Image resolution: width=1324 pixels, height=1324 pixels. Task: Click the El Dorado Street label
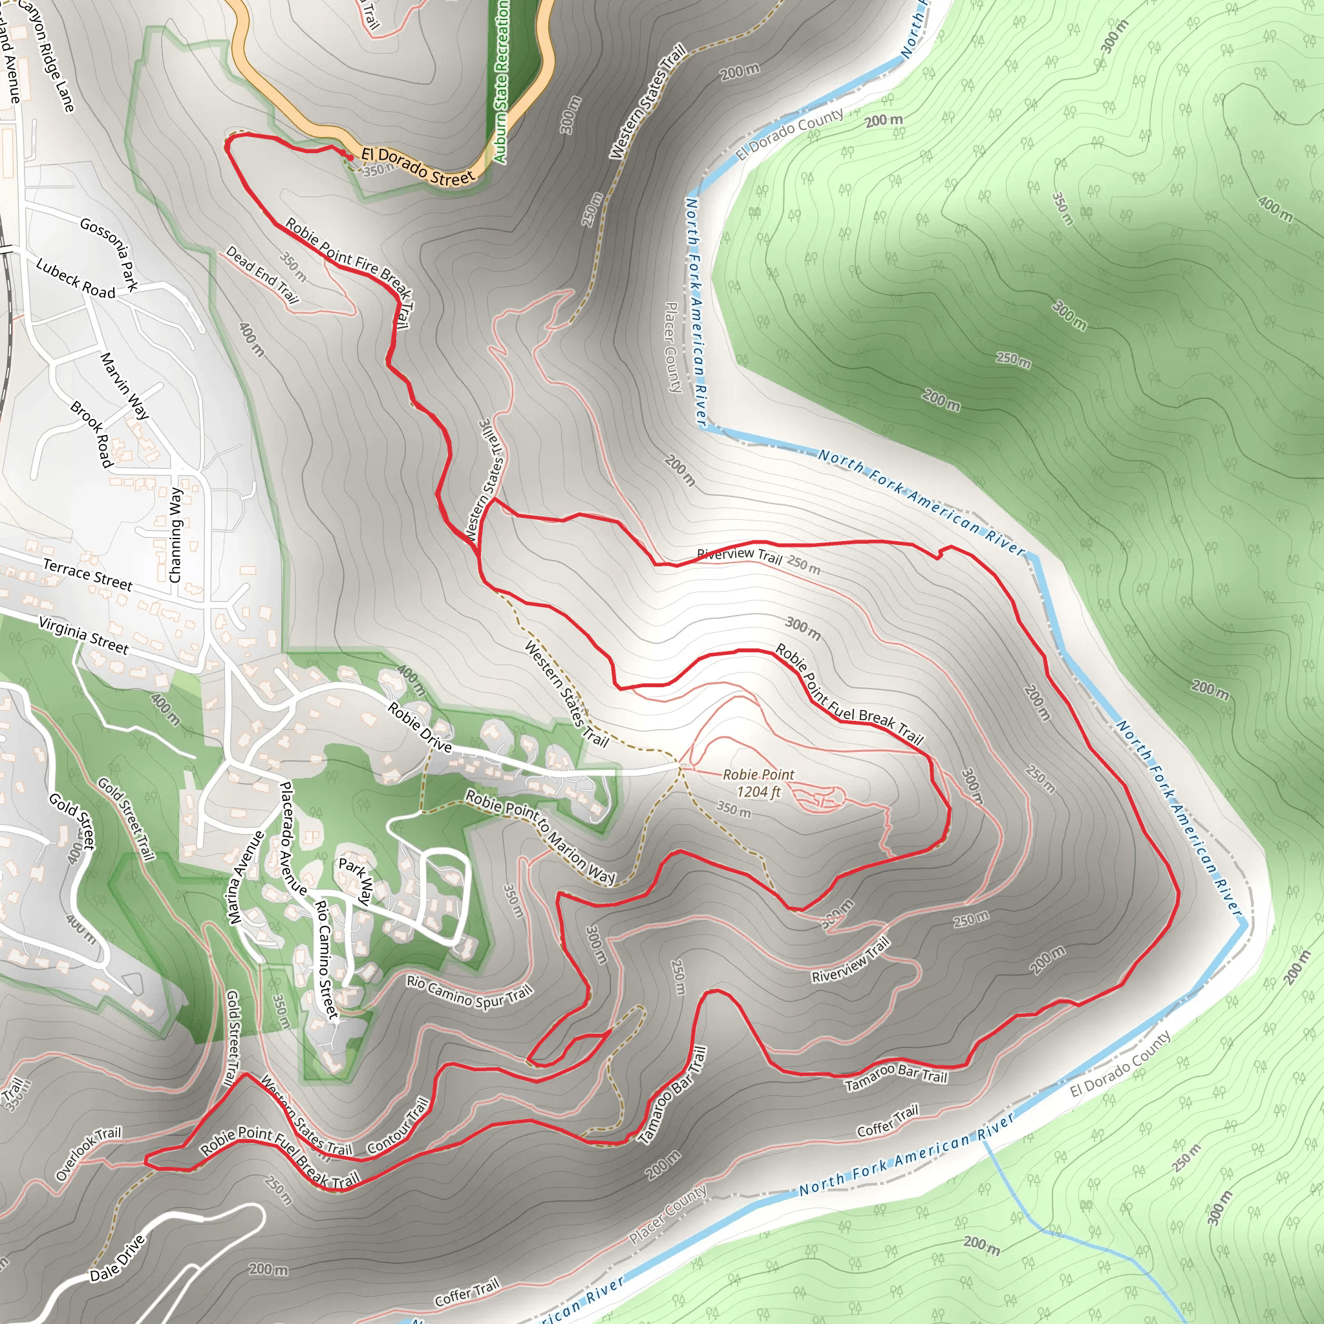[x=418, y=167]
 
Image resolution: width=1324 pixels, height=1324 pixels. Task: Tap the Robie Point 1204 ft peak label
[x=758, y=783]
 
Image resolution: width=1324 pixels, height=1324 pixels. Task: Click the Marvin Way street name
[x=125, y=386]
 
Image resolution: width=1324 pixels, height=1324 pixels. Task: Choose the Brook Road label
[x=91, y=434]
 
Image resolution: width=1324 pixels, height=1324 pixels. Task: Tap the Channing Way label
[x=176, y=535]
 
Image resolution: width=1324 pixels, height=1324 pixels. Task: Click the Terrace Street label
[x=87, y=574]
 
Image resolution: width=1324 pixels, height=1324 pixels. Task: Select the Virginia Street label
[x=83, y=635]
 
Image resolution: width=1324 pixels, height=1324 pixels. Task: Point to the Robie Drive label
[x=420, y=728]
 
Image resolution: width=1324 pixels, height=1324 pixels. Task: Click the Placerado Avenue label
[x=293, y=838]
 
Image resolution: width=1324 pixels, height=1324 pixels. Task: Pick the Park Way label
[x=356, y=881]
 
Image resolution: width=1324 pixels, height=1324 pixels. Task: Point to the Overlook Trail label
[x=89, y=1153]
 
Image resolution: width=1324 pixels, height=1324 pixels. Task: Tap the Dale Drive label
[x=118, y=1258]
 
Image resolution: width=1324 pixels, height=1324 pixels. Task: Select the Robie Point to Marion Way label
[x=540, y=836]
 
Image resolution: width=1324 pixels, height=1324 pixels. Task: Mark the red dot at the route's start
[x=350, y=157]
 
